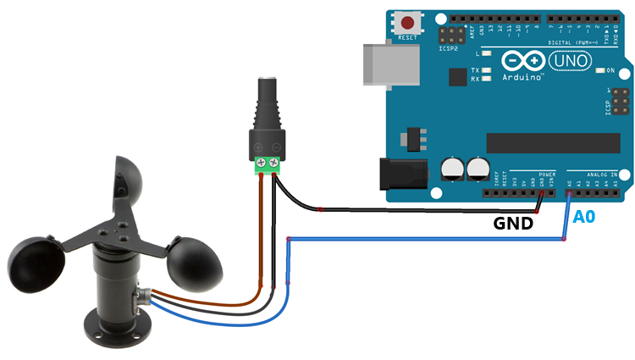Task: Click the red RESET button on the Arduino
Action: [411, 23]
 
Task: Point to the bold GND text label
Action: [513, 224]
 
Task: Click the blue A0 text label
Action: [585, 218]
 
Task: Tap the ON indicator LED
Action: [599, 70]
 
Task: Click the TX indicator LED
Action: [485, 69]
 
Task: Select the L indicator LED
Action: [485, 53]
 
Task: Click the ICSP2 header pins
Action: [450, 36]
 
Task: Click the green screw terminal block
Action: [267, 162]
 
